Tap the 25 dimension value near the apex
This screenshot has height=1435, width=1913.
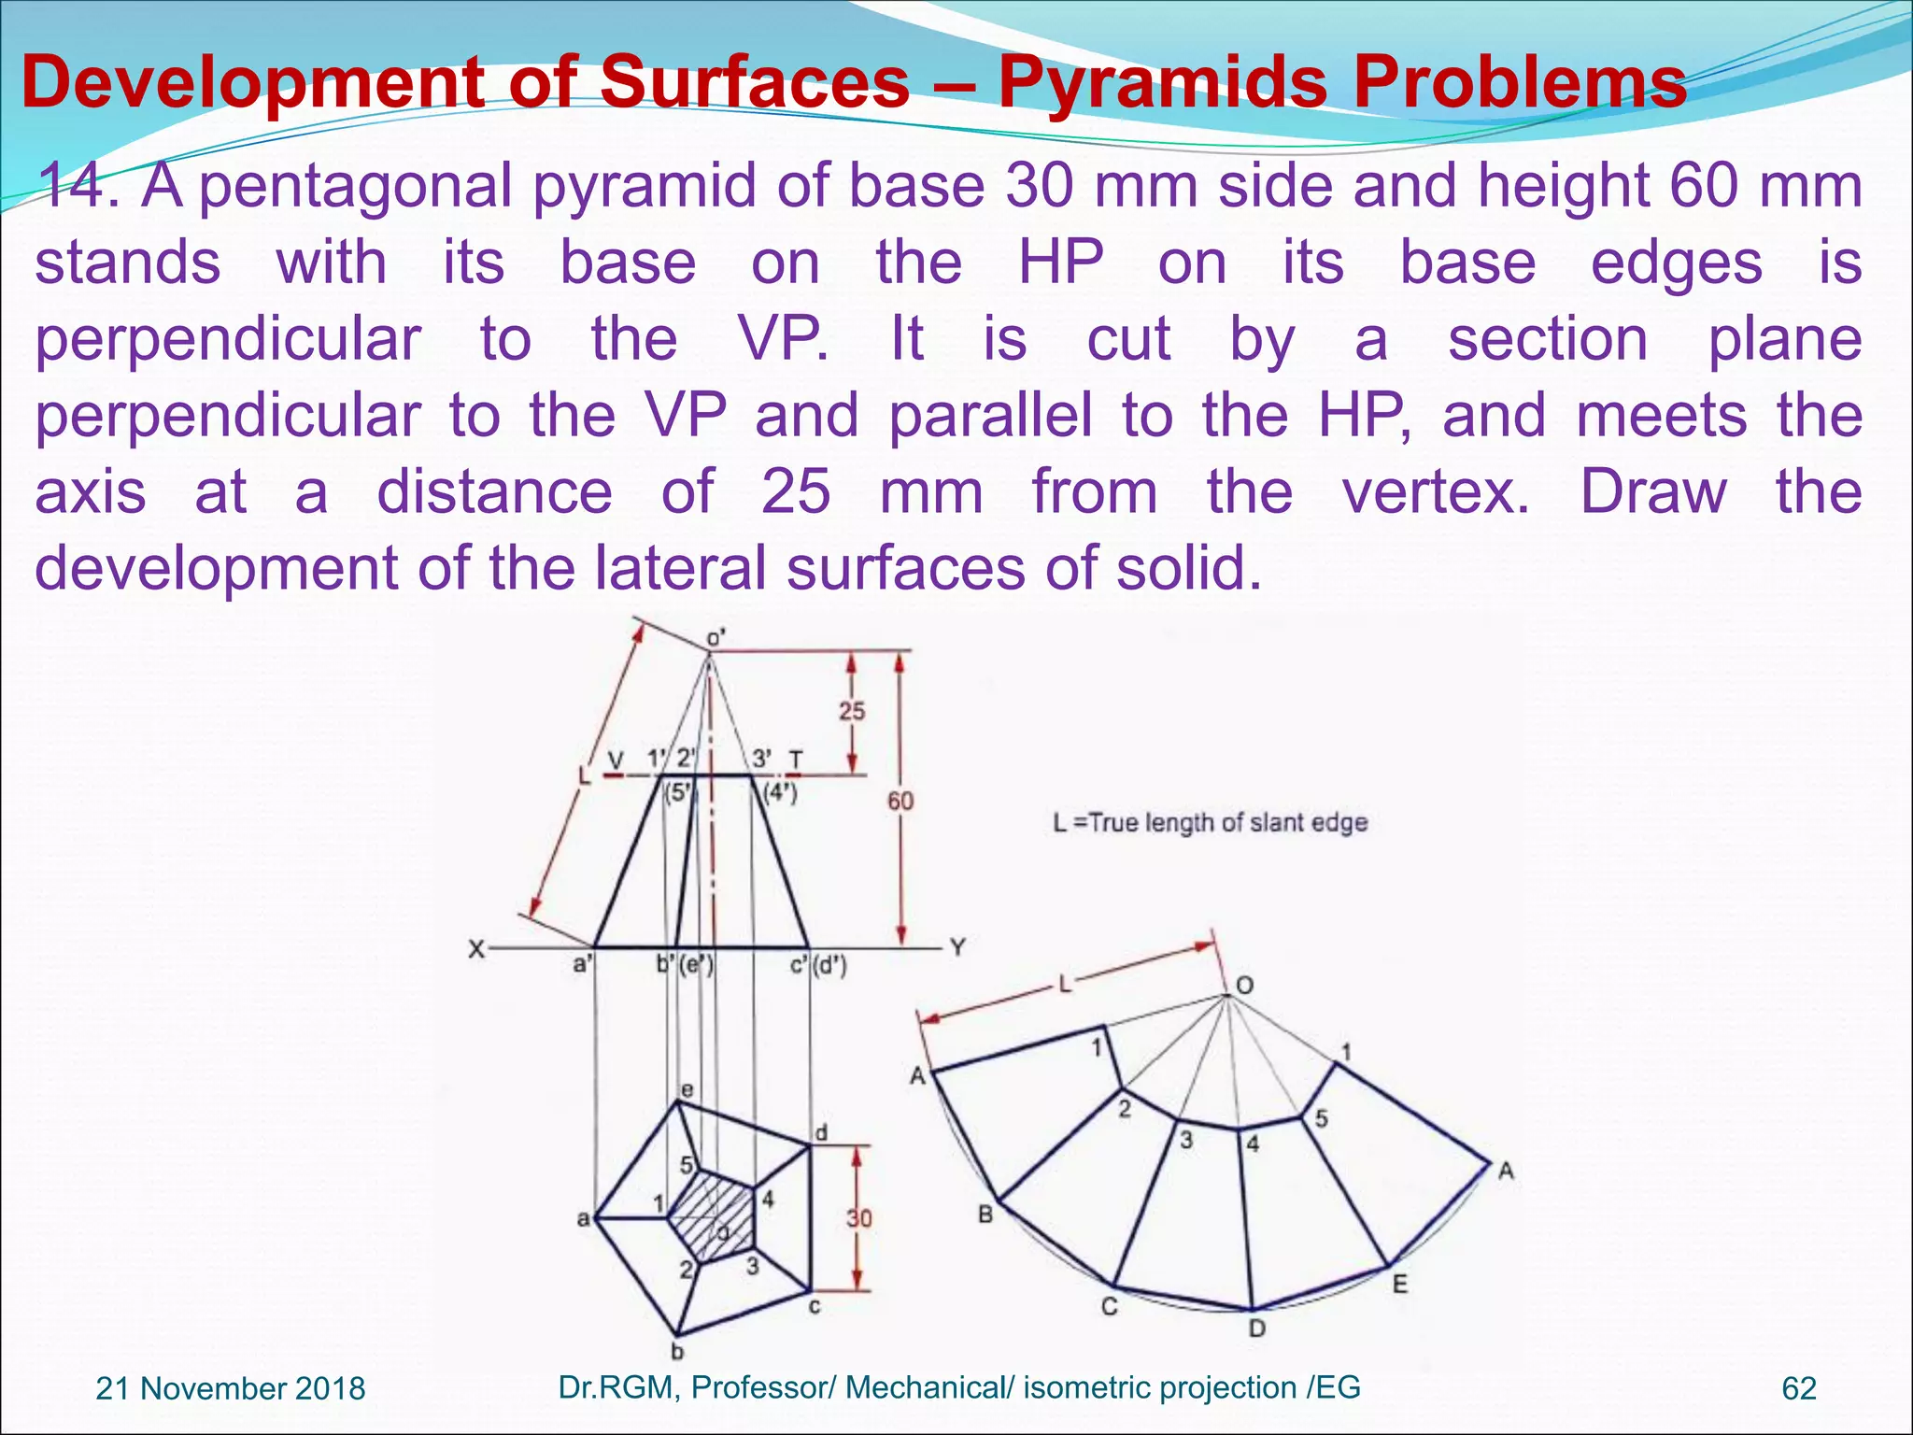click(x=851, y=711)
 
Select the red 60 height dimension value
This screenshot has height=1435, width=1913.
click(x=900, y=801)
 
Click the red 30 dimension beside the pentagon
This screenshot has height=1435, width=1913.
click(x=858, y=1218)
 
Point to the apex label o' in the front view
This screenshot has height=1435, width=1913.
click(x=716, y=637)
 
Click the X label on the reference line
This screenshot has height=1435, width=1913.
click(x=476, y=949)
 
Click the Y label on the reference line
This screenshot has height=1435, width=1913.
click(x=957, y=947)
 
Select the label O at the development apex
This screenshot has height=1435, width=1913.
click(x=1244, y=986)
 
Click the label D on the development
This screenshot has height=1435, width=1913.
click(x=1257, y=1328)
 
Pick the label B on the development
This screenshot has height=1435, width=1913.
click(x=985, y=1215)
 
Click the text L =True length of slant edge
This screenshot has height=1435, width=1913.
click(x=1210, y=823)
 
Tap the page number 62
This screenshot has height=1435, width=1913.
click(x=1798, y=1388)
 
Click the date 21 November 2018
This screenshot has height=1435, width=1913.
click(x=231, y=1388)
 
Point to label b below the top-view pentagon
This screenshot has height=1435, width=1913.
click(x=678, y=1351)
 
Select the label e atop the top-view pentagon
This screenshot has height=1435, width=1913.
click(x=687, y=1089)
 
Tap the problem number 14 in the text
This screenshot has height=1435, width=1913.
click(x=78, y=185)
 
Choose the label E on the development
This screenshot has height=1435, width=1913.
click(x=1399, y=1285)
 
